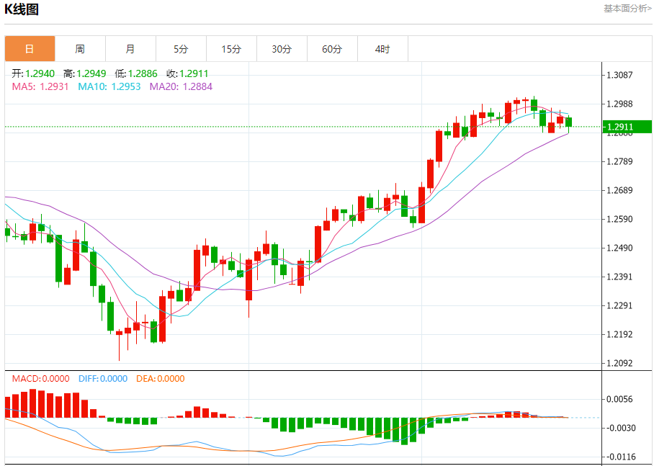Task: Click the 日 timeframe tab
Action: [x=30, y=49]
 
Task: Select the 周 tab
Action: [x=80, y=49]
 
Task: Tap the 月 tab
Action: [x=130, y=49]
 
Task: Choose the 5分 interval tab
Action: [x=181, y=49]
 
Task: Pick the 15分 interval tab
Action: [x=231, y=49]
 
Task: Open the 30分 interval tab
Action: [x=282, y=49]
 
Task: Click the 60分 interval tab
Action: [x=332, y=49]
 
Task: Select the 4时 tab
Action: [x=382, y=49]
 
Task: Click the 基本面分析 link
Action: [x=627, y=9]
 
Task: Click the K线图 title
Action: [x=22, y=9]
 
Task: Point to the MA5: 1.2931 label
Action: [x=40, y=86]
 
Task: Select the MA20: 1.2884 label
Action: [x=181, y=86]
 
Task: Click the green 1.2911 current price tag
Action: [x=627, y=127]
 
